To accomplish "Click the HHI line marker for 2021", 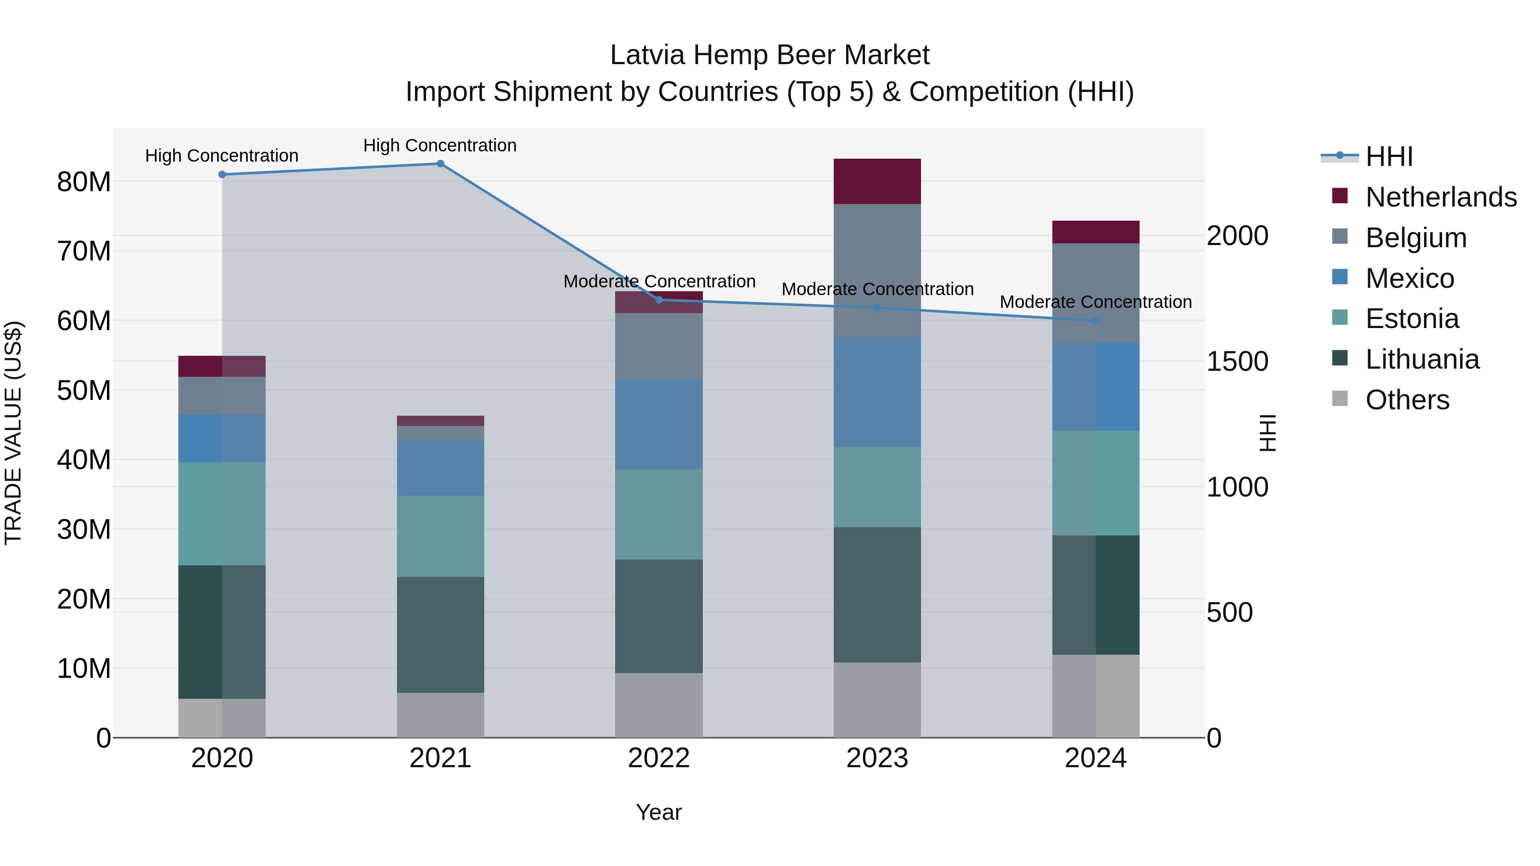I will pos(440,164).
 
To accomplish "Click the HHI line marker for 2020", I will pos(222,174).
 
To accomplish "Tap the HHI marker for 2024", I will pos(1095,321).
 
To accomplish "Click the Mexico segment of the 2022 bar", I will pos(659,424).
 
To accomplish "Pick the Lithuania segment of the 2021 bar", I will pos(440,634).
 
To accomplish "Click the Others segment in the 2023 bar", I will pos(877,699).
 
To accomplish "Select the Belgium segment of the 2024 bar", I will pos(1095,293).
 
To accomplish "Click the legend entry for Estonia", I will pos(1412,319).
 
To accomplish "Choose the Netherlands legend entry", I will pos(1440,197).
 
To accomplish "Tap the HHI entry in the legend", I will pos(1389,157).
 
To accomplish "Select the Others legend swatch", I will pos(1340,399).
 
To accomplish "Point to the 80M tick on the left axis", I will pos(84,182).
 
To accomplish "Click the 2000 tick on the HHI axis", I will pos(1237,236).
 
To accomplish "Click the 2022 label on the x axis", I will pos(659,758).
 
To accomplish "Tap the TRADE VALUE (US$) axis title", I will pos(14,433).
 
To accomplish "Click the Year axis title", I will pos(659,812).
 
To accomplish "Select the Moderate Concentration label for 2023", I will pos(877,289).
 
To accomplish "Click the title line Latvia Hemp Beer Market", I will pos(770,55).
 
